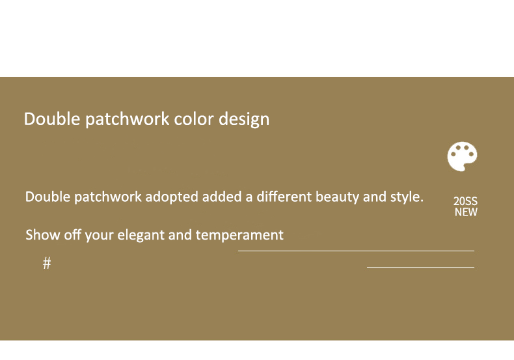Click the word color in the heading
[x=194, y=118]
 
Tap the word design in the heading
[x=244, y=120]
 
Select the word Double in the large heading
[x=52, y=118]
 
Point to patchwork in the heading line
[x=127, y=119]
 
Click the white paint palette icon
[x=462, y=156]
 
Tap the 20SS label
[x=465, y=201]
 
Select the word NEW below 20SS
[x=466, y=212]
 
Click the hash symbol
[x=47, y=263]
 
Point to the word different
[x=284, y=197]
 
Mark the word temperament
[x=239, y=236]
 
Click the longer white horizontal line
[x=356, y=251]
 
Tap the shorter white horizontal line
[x=420, y=267]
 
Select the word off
[x=72, y=235]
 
